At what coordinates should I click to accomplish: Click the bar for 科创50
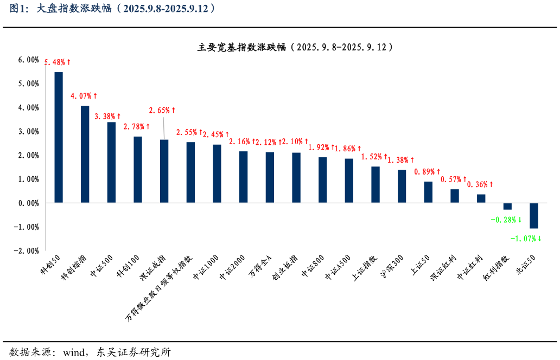click(59, 137)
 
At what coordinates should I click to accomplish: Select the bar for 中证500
click(111, 162)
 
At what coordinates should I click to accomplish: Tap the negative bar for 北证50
click(533, 215)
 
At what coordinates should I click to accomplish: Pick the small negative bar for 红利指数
click(507, 206)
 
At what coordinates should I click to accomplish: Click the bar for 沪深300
click(402, 186)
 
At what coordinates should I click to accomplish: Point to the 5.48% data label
click(58, 63)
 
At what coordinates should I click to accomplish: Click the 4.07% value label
click(84, 97)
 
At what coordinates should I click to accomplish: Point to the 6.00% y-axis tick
click(28, 60)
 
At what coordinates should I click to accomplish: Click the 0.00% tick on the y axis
click(28, 203)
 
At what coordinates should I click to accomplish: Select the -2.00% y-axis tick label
click(27, 250)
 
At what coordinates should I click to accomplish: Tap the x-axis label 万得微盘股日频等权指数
click(160, 287)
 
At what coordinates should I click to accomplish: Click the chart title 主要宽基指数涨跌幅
click(295, 47)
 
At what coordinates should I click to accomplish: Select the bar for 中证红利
click(481, 198)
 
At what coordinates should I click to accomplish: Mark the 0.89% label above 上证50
click(427, 172)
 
